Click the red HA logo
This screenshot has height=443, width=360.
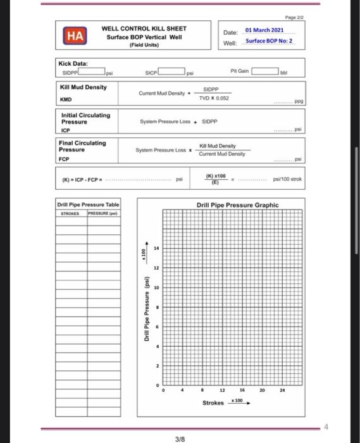coord(75,37)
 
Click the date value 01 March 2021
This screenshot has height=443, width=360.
coord(265,30)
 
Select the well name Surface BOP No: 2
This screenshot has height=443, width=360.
coord(269,41)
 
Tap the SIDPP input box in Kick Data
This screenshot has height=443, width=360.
coord(90,72)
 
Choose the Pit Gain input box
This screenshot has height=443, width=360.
coord(266,72)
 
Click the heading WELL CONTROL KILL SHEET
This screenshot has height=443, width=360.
coord(144,28)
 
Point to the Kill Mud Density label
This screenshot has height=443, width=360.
coord(83,87)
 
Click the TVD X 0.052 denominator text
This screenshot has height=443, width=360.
coord(213,98)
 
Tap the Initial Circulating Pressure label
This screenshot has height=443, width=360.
coord(85,118)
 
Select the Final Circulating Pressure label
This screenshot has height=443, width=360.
coord(82,146)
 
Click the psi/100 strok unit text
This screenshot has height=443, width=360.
coord(287,180)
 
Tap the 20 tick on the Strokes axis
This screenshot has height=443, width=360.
coord(262,391)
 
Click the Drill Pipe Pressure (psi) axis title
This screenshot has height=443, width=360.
coord(146,310)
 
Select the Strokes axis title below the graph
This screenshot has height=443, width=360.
coord(213,403)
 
